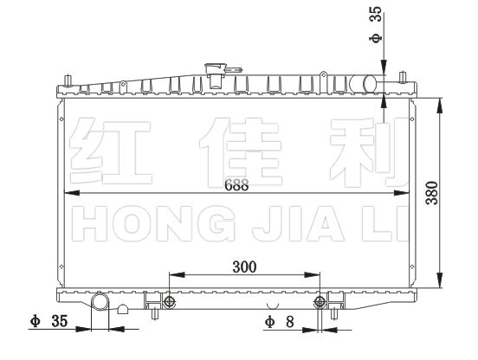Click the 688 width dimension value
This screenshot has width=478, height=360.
tap(236, 185)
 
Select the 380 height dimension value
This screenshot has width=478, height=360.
tap(431, 193)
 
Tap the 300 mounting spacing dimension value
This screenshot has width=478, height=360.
tap(244, 267)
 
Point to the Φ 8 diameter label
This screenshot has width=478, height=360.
tap(279, 322)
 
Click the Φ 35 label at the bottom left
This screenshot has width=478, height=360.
tap(48, 321)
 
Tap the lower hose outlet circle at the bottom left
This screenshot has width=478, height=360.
tap(100, 300)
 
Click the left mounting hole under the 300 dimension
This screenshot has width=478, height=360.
tap(169, 302)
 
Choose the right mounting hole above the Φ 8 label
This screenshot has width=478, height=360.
tap(320, 302)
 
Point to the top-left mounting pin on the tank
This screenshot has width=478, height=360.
tap(68, 80)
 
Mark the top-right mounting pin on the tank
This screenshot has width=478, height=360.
tap(403, 77)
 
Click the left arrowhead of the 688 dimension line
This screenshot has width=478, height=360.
tap(71, 193)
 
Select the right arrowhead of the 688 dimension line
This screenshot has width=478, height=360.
tap(401, 193)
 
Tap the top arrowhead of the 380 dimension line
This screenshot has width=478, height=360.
tap(439, 106)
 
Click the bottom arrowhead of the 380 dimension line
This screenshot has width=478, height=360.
tap(439, 280)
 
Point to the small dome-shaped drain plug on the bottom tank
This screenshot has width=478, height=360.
tap(123, 310)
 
